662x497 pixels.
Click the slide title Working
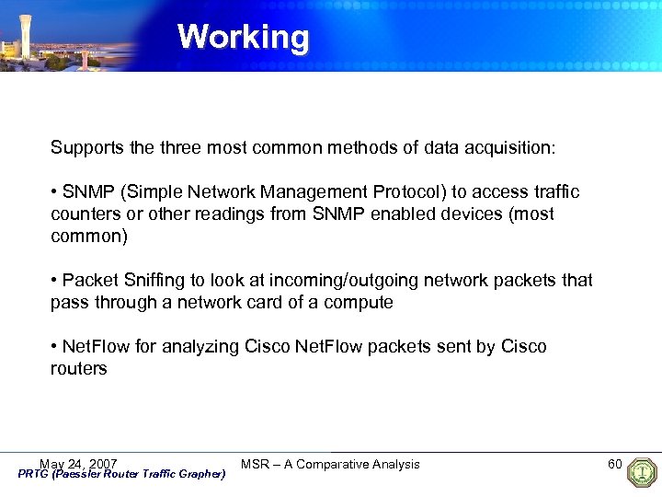(244, 37)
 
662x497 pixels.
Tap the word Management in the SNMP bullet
(314, 191)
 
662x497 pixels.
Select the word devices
(479, 214)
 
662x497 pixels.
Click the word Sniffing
(155, 280)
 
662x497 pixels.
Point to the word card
(273, 302)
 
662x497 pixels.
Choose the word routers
(79, 368)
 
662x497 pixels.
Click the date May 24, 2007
(78, 464)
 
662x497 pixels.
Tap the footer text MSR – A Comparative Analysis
(330, 464)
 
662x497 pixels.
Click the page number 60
(615, 463)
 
